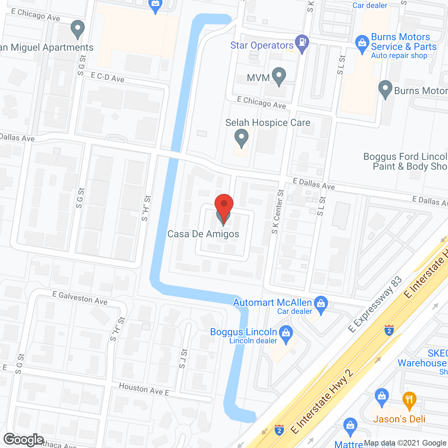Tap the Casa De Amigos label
pos(203,234)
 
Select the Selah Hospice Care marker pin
pos(241,138)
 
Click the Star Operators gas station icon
pos(302,44)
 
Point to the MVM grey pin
pos(279,76)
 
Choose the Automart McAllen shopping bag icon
pos(321,304)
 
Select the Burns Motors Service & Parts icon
pos(362,43)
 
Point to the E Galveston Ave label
pos(80,298)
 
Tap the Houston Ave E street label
pos(144,389)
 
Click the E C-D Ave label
pos(107,77)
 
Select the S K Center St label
pos(278,212)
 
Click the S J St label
pos(183,358)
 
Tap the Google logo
pos(24,440)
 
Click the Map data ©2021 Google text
pos(405,443)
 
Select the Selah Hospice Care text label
pos(268,123)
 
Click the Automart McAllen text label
pos(272,303)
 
